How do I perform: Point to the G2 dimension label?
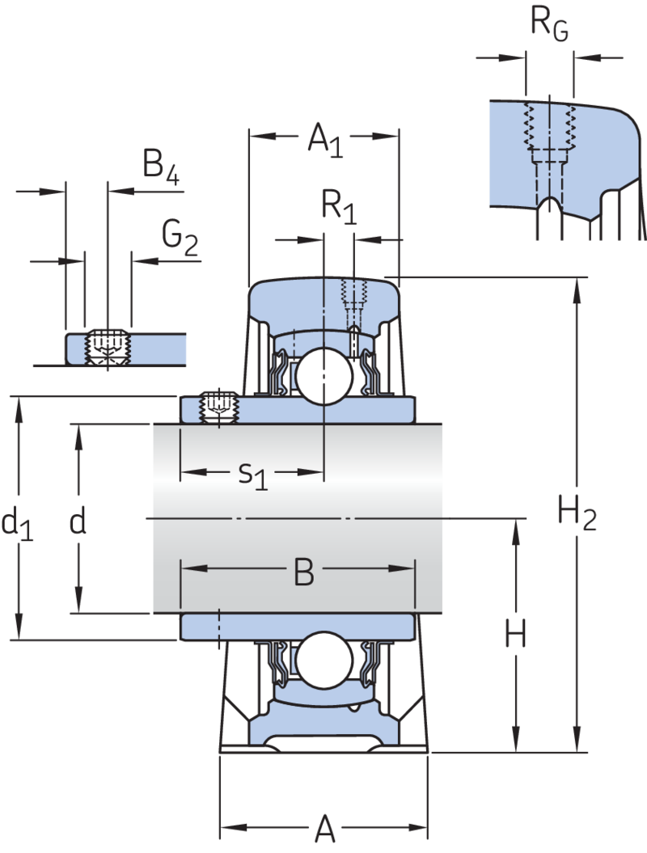point(179,239)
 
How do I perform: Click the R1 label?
point(339,206)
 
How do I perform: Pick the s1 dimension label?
point(252,475)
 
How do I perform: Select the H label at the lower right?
point(516,635)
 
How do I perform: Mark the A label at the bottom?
point(323,829)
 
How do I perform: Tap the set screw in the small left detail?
point(107,348)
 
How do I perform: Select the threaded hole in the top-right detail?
point(549,133)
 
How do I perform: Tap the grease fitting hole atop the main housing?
point(353,295)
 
